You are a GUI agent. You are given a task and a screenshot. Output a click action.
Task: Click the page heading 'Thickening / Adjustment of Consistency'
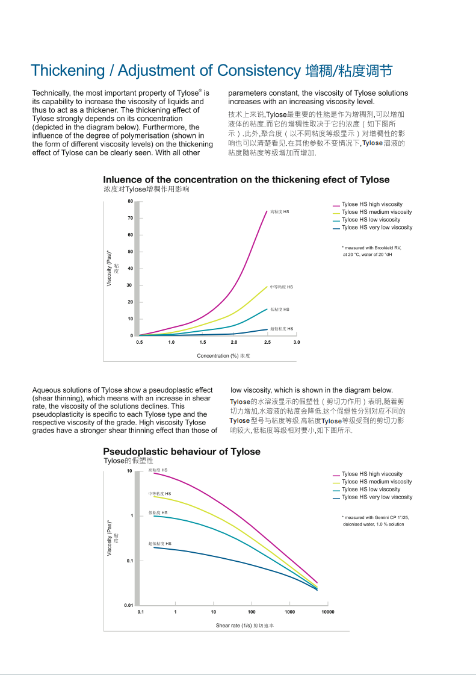click(165, 70)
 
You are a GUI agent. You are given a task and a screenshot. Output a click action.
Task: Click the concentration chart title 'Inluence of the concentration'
click(246, 179)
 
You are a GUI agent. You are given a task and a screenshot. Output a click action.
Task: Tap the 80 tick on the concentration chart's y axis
click(130, 201)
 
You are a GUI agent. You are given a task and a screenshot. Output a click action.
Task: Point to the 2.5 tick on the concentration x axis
click(267, 342)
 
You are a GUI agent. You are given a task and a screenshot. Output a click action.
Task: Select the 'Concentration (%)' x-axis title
click(223, 356)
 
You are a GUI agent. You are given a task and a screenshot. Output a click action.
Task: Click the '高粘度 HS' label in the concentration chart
click(280, 212)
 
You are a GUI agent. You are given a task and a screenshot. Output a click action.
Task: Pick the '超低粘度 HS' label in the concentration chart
click(282, 329)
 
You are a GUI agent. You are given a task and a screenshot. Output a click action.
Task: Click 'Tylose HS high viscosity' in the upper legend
click(372, 205)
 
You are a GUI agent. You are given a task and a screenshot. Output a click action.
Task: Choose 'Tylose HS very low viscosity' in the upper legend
click(377, 228)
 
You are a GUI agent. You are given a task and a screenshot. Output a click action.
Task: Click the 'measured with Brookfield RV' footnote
click(371, 247)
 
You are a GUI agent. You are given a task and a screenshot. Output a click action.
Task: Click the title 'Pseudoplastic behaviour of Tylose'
click(182, 452)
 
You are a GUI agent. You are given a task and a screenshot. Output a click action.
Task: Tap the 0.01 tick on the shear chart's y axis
click(129, 605)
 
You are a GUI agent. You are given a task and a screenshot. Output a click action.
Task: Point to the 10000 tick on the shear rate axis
click(327, 612)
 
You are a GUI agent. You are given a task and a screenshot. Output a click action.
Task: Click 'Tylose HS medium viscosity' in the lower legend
click(377, 482)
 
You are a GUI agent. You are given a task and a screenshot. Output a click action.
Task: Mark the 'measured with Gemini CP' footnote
click(375, 517)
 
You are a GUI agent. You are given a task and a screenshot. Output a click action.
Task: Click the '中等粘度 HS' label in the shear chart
click(160, 494)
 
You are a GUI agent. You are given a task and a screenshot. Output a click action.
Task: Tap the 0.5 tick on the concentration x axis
click(140, 342)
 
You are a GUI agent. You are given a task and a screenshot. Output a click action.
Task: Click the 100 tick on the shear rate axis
click(252, 612)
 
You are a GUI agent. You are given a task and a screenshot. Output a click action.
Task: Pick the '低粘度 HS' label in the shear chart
click(158, 513)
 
